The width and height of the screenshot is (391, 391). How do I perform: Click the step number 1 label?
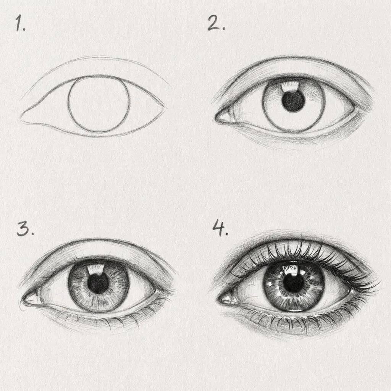click(20, 24)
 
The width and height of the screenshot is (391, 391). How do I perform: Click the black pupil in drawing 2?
click(293, 102)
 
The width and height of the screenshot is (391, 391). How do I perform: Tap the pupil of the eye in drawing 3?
click(99, 284)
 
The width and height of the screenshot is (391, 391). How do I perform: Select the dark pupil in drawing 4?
click(293, 283)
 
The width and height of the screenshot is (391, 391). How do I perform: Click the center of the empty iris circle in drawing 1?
click(99, 104)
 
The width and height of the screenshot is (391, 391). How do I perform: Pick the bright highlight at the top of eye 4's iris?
click(292, 269)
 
